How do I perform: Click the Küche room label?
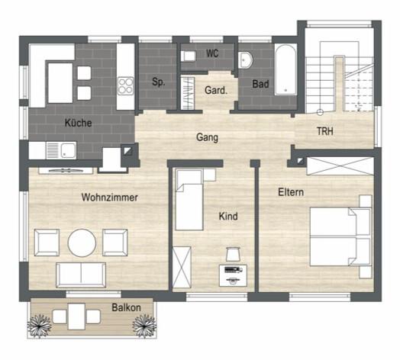(x=79, y=122)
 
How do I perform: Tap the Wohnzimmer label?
(x=110, y=198)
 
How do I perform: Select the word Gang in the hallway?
(x=207, y=138)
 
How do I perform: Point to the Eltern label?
(x=291, y=192)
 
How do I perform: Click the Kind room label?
(x=227, y=217)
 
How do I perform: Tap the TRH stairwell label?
(x=325, y=132)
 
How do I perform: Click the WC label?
(x=213, y=55)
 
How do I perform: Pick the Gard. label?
(x=215, y=90)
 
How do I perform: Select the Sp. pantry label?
(x=158, y=82)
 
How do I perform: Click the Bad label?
(x=260, y=84)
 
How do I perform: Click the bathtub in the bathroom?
(x=285, y=69)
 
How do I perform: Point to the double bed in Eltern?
(x=340, y=236)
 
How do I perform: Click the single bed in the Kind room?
(x=189, y=199)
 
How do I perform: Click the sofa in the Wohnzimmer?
(x=82, y=275)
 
